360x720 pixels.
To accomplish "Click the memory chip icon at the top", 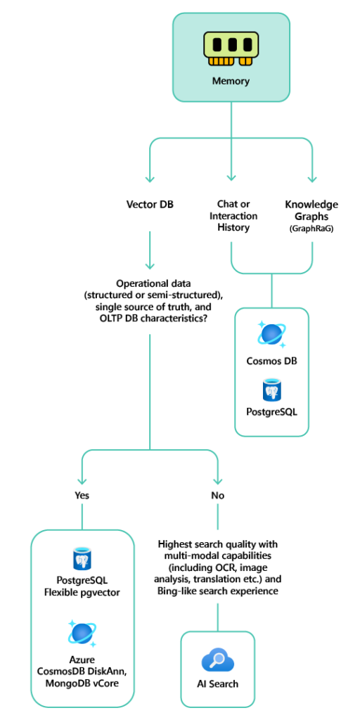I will pyautogui.click(x=231, y=47).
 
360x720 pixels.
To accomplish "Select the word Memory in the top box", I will pyautogui.click(x=231, y=81).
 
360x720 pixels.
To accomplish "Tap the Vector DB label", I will pyautogui.click(x=149, y=205).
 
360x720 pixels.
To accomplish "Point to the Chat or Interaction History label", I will pyautogui.click(x=233, y=216).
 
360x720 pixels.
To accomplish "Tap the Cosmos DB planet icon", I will pyautogui.click(x=271, y=333).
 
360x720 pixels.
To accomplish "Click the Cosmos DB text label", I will pyautogui.click(x=271, y=361).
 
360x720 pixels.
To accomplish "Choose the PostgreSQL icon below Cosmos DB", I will pyautogui.click(x=271, y=390).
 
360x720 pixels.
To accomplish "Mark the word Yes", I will pyautogui.click(x=82, y=495).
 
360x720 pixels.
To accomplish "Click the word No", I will pyautogui.click(x=218, y=495).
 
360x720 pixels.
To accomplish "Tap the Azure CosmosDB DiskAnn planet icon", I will pyautogui.click(x=82, y=633).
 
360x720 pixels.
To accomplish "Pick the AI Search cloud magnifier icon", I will pyautogui.click(x=218, y=661).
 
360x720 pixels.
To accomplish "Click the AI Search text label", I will pyautogui.click(x=218, y=684).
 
